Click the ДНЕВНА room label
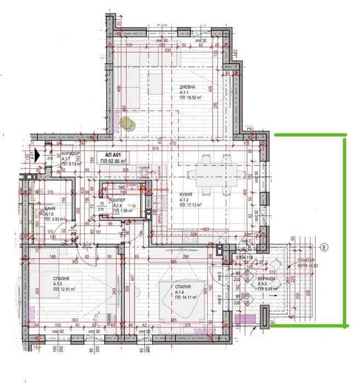point(187,88)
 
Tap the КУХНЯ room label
point(187,194)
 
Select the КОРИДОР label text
point(71,153)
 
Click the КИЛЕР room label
point(119,200)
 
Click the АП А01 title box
point(112,158)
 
